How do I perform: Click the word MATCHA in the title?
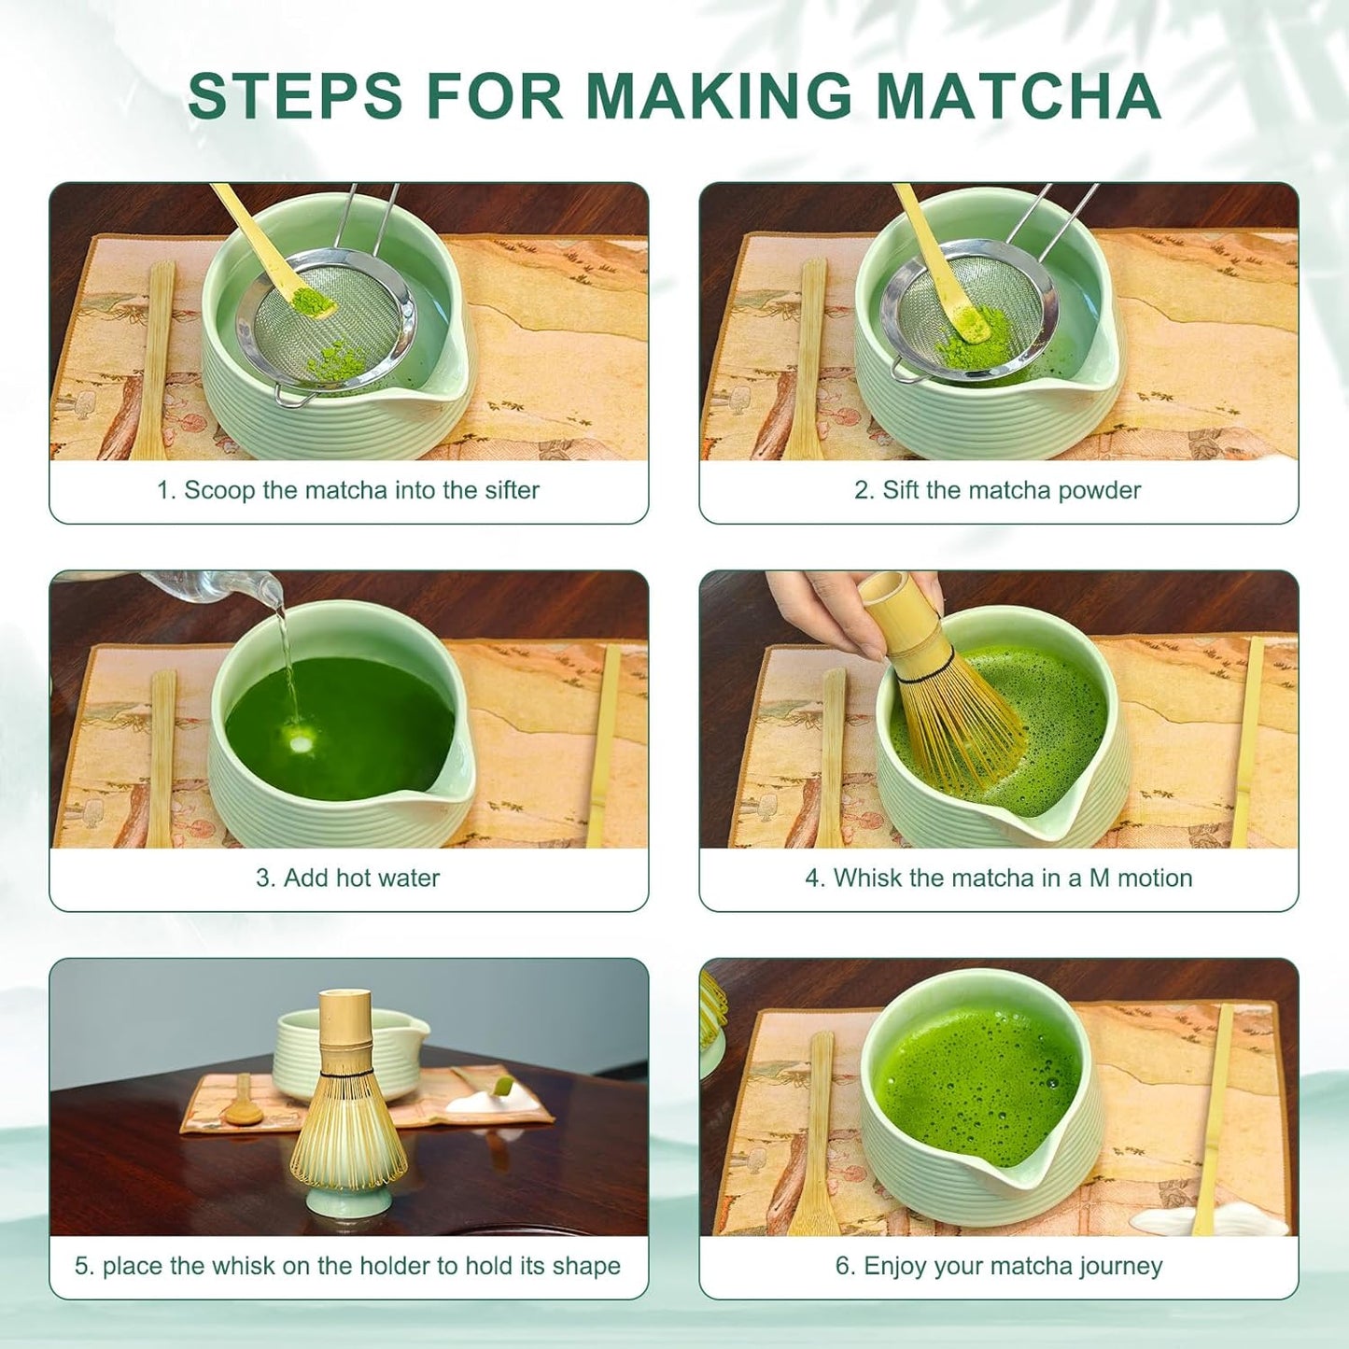pyautogui.click(x=1018, y=96)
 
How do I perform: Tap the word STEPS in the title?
pyautogui.click(x=295, y=96)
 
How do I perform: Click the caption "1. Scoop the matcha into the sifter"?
pyautogui.click(x=347, y=490)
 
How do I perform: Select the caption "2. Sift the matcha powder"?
pyautogui.click(x=997, y=490)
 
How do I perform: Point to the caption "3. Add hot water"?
pyautogui.click(x=347, y=878)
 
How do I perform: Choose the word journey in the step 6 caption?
pyautogui.click(x=1120, y=1266)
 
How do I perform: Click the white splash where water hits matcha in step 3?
pyautogui.click(x=302, y=743)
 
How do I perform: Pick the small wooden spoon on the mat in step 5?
pyautogui.click(x=241, y=1106)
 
